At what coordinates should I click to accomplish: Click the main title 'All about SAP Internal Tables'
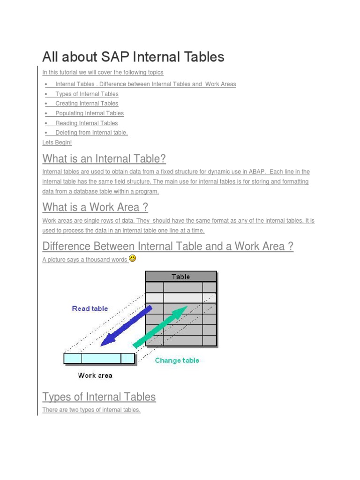point(133,57)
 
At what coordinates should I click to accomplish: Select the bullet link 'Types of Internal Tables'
point(87,94)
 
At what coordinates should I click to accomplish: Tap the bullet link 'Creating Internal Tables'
point(87,104)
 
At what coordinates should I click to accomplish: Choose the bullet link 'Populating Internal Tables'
point(90,113)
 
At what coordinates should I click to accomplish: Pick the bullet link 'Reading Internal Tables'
point(87,123)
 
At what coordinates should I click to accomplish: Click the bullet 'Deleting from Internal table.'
point(91,133)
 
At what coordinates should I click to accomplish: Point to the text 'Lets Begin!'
point(57,142)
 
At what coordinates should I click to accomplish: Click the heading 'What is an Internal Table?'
point(104,157)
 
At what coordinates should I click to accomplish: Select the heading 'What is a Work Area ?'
point(95,207)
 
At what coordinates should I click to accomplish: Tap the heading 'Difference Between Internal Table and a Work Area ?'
point(168,246)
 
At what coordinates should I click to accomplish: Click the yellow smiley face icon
point(132,258)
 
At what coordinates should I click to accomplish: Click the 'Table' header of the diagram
point(180,277)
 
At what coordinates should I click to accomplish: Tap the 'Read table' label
point(90,308)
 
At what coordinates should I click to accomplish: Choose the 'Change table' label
point(177,360)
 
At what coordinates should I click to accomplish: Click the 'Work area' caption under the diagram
point(95,375)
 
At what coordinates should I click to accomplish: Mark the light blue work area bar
point(99,359)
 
